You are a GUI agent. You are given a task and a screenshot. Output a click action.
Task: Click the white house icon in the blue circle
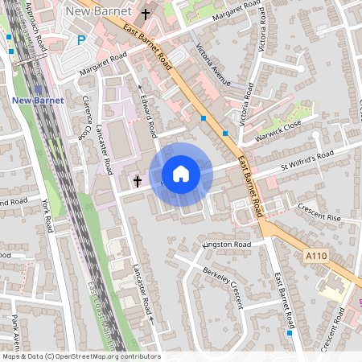181,174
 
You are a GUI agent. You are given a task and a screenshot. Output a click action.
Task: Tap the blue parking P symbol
81,39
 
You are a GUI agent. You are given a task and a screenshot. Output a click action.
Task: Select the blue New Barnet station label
39,100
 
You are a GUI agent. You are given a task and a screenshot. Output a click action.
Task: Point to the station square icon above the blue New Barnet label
39,88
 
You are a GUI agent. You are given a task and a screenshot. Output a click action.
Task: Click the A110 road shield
316,255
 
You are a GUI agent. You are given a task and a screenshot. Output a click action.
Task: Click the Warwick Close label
280,126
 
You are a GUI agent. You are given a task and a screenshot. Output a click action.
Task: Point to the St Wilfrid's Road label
306,159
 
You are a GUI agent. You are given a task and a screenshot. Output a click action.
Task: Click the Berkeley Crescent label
222,278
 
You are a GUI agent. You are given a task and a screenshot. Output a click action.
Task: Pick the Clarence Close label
84,121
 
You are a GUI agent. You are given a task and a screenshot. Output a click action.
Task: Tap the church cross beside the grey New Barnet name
146,14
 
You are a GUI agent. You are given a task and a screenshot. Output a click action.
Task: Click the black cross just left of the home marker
138,181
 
